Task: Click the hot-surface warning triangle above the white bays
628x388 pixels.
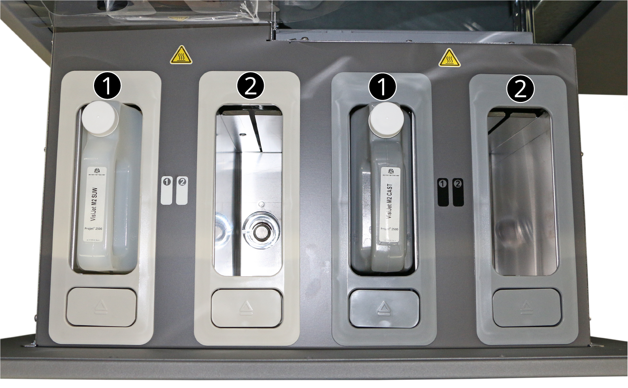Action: click(x=181, y=56)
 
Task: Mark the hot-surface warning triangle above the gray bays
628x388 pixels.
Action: click(x=449, y=58)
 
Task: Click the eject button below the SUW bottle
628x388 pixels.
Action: click(x=101, y=307)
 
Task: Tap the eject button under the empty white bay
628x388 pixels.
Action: click(x=246, y=308)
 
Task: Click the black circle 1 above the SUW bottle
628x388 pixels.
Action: click(x=108, y=85)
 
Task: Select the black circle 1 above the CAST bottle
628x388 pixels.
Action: click(x=384, y=88)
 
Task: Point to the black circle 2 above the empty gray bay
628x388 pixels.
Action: click(x=520, y=89)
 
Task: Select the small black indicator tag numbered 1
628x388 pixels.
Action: click(x=443, y=192)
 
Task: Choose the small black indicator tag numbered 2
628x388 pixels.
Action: click(x=458, y=192)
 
